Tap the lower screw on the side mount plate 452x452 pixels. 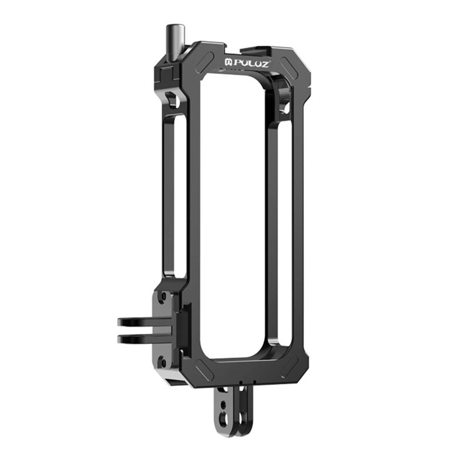coord(163,361)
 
